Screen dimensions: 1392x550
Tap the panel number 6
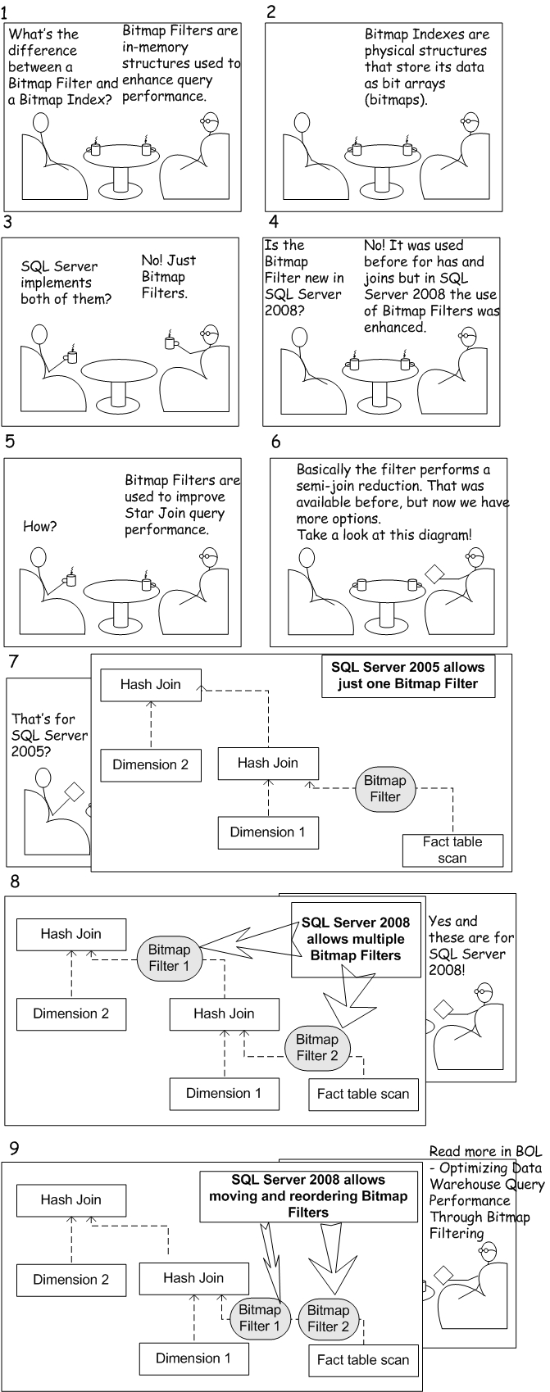276,442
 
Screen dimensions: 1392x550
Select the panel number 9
11,1147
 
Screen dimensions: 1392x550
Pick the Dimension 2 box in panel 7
151,765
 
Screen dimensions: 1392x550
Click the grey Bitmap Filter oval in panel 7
385,788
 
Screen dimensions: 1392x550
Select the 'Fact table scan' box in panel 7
452,850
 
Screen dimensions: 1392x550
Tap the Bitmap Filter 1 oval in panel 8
170,958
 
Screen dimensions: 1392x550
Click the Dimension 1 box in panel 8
224,1093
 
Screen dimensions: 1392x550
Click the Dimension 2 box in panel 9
71,1280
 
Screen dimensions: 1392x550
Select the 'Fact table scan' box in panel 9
363,1360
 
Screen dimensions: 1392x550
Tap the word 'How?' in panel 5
40,527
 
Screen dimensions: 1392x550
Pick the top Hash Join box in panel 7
151,685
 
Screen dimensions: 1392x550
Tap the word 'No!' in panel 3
154,261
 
